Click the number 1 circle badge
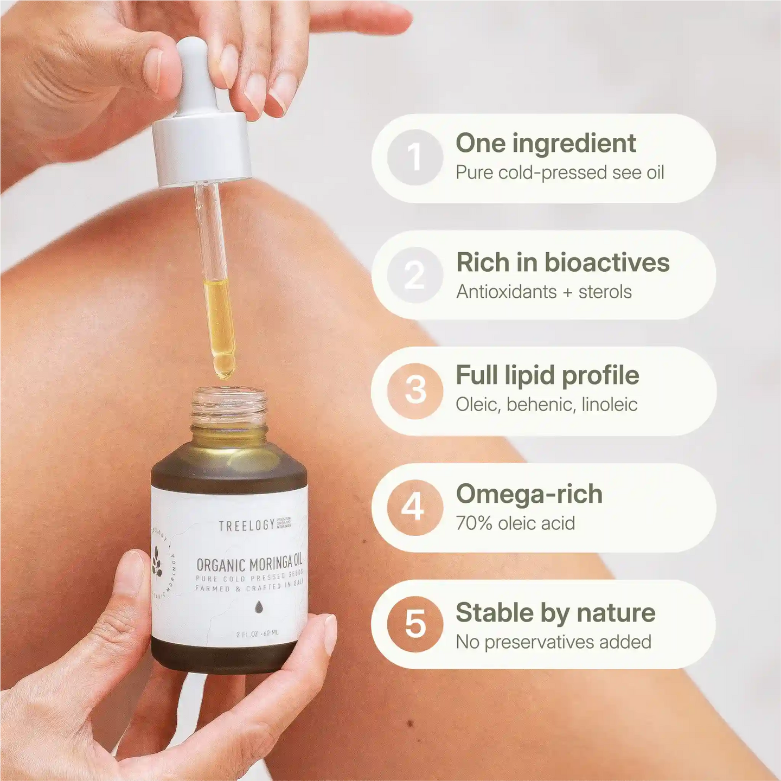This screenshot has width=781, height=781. tap(415, 157)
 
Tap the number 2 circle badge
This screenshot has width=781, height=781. tap(415, 275)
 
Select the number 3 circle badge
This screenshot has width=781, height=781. tap(415, 390)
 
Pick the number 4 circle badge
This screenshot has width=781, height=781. tap(415, 508)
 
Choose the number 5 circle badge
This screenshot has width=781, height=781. tap(415, 624)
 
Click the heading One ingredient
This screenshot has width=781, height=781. tap(546, 143)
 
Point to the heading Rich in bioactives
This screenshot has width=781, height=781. tap(562, 263)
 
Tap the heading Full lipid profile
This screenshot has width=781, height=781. tap(547, 375)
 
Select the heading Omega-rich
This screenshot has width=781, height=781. tap(529, 494)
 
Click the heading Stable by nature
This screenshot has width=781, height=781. tap(555, 613)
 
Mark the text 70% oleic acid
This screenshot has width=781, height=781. tap(515, 523)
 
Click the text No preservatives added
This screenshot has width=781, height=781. tap(553, 642)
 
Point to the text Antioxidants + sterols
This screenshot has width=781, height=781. tap(543, 292)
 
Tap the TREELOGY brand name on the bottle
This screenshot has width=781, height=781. tap(247, 526)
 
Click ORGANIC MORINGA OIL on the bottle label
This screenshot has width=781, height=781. tap(249, 564)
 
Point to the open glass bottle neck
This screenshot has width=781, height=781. tap(229, 407)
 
